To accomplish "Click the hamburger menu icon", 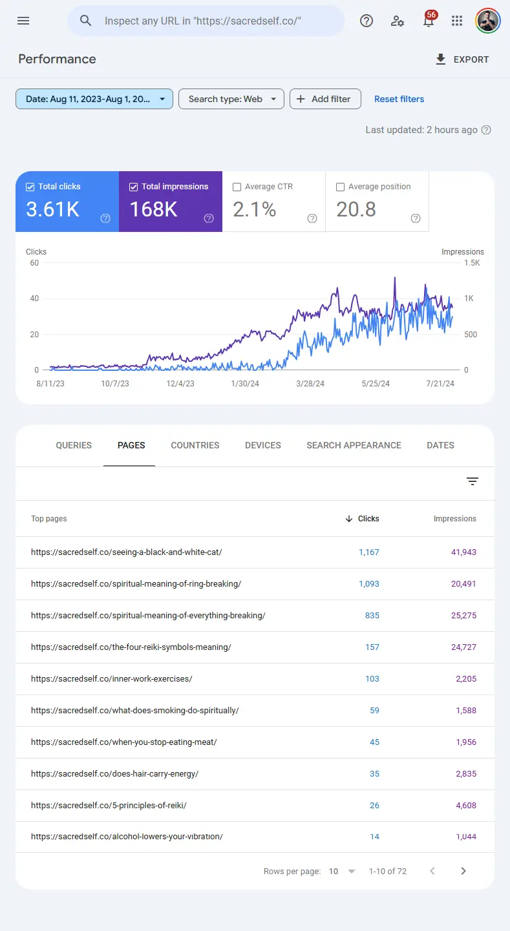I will (x=23, y=21).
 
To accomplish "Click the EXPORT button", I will (x=462, y=59).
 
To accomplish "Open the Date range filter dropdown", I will (x=94, y=99).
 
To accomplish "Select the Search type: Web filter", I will (x=231, y=99).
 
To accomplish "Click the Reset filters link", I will (x=399, y=99).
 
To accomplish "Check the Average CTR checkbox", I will (x=237, y=187).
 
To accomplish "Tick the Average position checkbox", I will (x=341, y=187).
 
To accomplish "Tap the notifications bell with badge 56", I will (x=429, y=21).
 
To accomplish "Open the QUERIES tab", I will (x=74, y=445).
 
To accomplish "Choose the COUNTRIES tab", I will (x=195, y=445).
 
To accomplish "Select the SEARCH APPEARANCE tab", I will (x=354, y=445).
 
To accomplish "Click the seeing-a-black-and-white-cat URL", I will (x=127, y=552).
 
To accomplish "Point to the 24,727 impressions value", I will (x=463, y=647).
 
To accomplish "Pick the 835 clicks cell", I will (x=372, y=616).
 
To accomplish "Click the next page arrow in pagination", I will (x=463, y=871).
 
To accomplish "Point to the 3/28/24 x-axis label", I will (x=310, y=384).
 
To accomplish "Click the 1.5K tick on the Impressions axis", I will (x=472, y=263).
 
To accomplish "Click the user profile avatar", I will (x=487, y=21).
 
